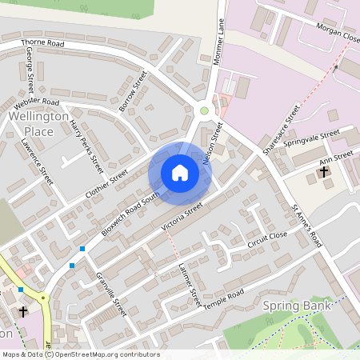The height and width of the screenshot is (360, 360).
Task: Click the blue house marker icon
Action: (x=180, y=173)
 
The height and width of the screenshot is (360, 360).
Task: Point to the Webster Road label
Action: (x=37, y=103)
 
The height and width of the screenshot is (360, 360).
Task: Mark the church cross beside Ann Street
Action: (x=324, y=171)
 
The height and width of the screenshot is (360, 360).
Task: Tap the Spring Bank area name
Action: (x=290, y=306)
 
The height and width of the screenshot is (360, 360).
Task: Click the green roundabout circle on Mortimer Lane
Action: (x=204, y=110)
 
